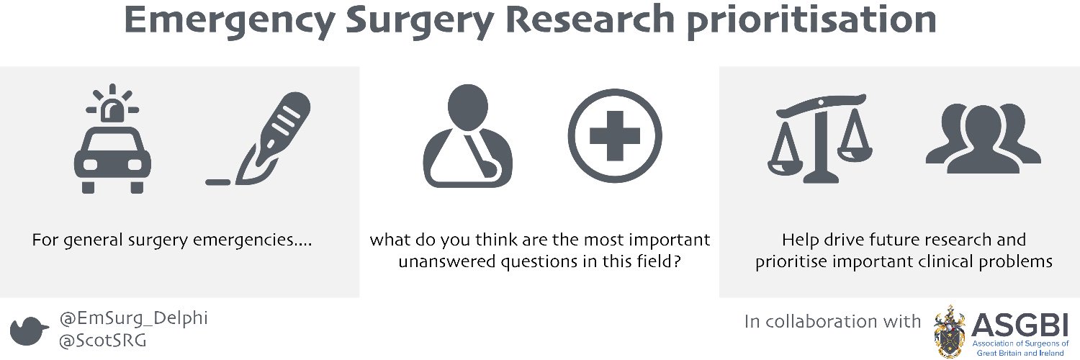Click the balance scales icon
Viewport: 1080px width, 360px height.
pyautogui.click(x=819, y=140)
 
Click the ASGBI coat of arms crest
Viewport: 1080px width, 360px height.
pyautogui.click(x=950, y=330)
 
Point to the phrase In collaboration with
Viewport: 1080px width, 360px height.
pyautogui.click(x=832, y=322)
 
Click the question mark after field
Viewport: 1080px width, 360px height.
pyautogui.click(x=677, y=262)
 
